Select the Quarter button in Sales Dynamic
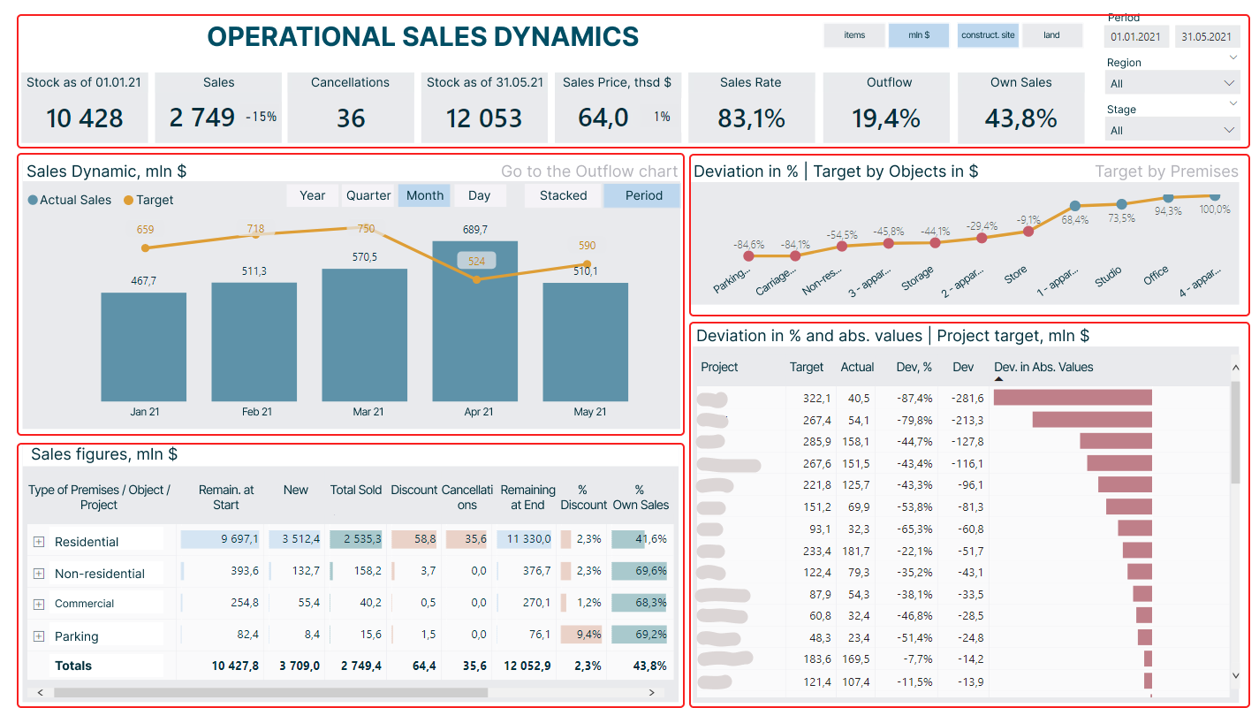click(x=368, y=195)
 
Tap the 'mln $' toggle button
click(x=919, y=35)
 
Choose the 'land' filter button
click(x=1051, y=35)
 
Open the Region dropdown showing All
click(x=1172, y=84)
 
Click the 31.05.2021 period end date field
click(x=1206, y=37)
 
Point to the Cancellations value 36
click(x=351, y=118)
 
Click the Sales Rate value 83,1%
click(x=751, y=118)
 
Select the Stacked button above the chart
click(x=563, y=195)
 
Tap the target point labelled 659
click(x=146, y=247)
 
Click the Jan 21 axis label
click(x=144, y=412)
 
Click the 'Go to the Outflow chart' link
click(x=589, y=171)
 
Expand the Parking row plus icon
click(x=39, y=636)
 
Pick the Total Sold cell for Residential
click(x=356, y=539)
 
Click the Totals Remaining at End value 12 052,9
click(x=527, y=666)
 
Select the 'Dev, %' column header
click(x=914, y=367)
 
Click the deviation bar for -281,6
click(x=1073, y=398)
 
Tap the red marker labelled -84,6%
click(x=749, y=256)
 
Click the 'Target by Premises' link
click(x=1166, y=171)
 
